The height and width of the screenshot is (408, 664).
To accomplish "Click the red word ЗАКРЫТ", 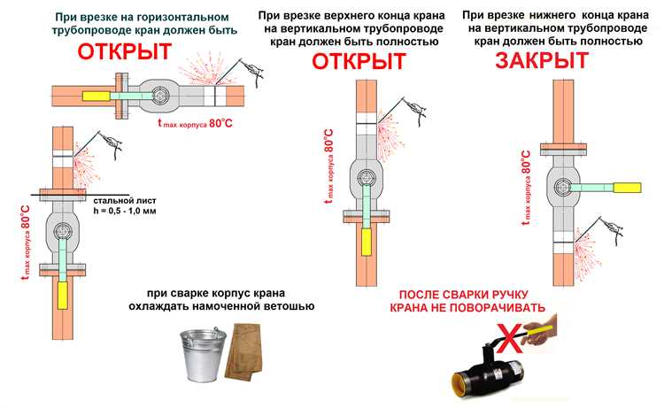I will click(541, 61).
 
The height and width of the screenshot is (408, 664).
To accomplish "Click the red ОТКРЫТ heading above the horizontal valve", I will click(124, 52).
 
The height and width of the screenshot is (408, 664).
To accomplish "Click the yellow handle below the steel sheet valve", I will click(63, 294).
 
